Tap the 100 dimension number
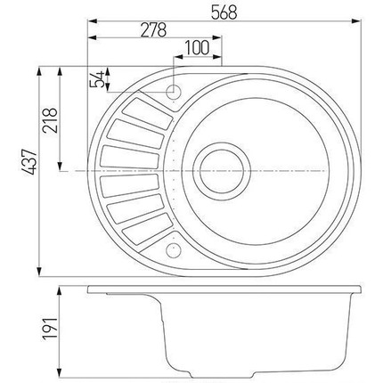point(197,46)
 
